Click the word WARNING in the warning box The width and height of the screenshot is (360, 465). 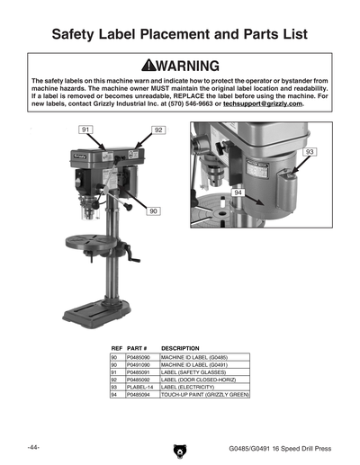(189, 66)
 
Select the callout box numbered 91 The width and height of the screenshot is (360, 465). (86, 130)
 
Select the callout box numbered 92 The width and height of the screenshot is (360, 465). (158, 130)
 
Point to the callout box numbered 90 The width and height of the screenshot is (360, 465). (153, 210)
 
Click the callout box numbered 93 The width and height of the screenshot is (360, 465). (309, 153)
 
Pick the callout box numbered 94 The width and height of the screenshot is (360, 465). (238, 192)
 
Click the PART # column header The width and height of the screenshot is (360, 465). (137, 347)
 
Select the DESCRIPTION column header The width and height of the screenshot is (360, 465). (182, 347)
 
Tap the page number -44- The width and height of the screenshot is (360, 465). (32, 446)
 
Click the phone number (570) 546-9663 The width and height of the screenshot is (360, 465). (171, 104)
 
